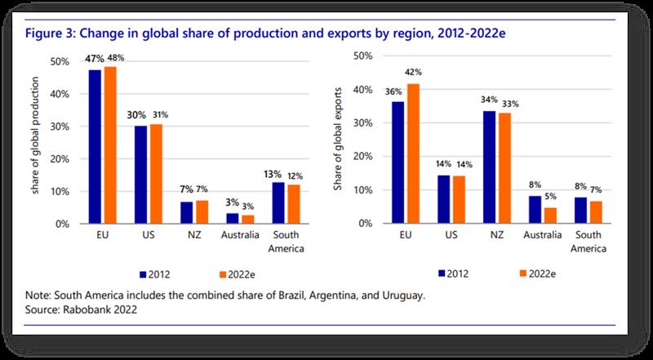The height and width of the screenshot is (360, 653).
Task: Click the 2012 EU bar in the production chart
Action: [x=95, y=147]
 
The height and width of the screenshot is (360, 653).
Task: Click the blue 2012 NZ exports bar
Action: [x=489, y=167]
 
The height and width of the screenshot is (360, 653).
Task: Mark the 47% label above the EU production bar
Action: [x=91, y=59]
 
